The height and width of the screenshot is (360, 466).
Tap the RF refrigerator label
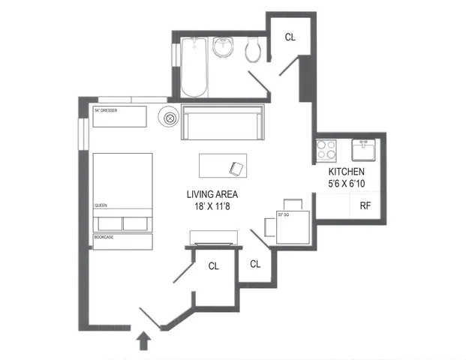365,205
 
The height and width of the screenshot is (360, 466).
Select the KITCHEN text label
346,171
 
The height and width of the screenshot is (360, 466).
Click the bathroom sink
224,48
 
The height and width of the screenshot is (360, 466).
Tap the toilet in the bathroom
253,49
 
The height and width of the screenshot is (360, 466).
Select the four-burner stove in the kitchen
327,149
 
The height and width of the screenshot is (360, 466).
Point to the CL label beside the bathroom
289,38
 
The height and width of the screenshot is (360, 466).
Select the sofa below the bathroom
223,122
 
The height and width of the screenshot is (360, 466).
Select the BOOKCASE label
104,238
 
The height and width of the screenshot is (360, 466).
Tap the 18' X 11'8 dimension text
218,207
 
